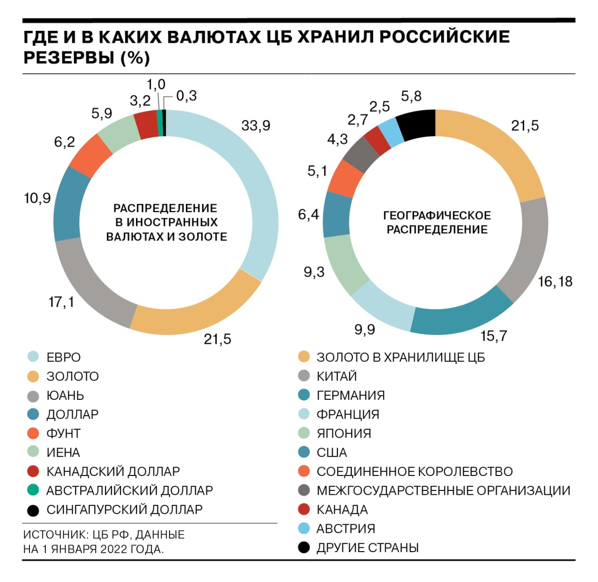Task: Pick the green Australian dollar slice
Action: (160, 123)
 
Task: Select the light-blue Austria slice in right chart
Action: (391, 131)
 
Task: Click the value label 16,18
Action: (555, 282)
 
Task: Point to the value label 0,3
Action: (186, 96)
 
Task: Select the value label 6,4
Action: (308, 215)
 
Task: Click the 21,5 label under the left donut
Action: (217, 339)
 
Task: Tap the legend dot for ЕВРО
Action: (33, 357)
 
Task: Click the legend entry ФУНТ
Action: (63, 433)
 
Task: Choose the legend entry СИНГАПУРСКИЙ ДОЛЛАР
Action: (124, 510)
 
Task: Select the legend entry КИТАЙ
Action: (336, 376)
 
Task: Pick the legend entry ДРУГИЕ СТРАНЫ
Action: (367, 548)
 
